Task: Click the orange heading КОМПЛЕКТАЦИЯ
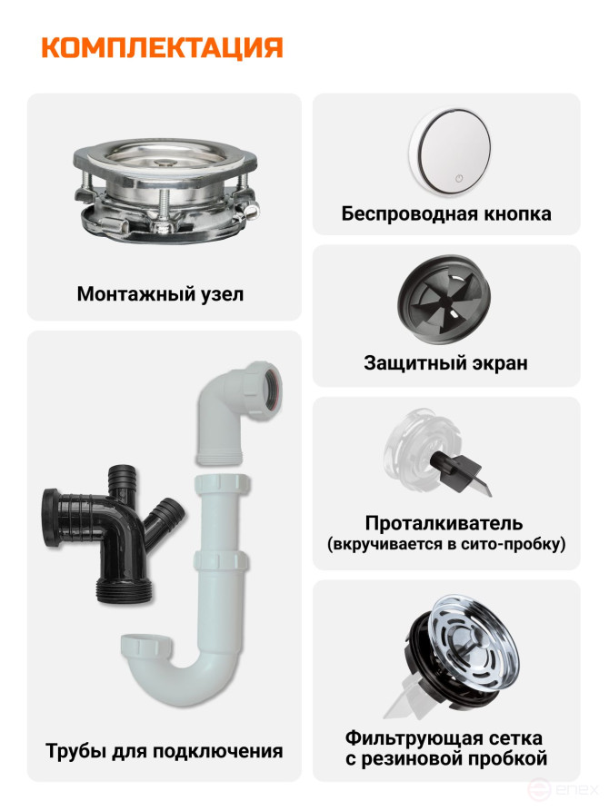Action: tap(162, 48)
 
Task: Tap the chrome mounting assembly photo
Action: tap(165, 189)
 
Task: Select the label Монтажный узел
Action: tap(160, 293)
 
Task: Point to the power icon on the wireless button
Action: tap(459, 178)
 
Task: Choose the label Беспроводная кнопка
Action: tap(446, 213)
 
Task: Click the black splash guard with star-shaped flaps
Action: tap(444, 300)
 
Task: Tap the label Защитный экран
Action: tap(445, 362)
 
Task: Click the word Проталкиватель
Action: tap(444, 523)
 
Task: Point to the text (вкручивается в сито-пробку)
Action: tap(446, 544)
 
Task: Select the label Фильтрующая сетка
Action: tap(444, 737)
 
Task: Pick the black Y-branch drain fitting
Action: tap(112, 532)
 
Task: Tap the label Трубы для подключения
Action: tap(165, 750)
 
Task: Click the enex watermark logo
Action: tap(563, 790)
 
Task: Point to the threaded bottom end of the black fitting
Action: tap(125, 589)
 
